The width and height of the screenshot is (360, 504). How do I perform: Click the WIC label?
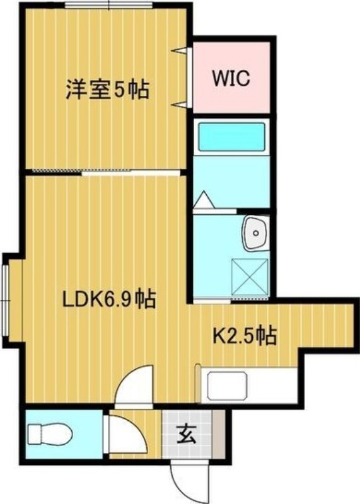click(x=231, y=79)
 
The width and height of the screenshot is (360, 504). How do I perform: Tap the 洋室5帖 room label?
click(x=107, y=89)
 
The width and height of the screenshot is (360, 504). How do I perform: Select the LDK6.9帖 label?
click(x=109, y=298)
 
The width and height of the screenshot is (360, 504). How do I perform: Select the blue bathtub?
click(x=231, y=136)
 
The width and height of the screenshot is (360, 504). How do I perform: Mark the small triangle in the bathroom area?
click(x=204, y=200)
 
